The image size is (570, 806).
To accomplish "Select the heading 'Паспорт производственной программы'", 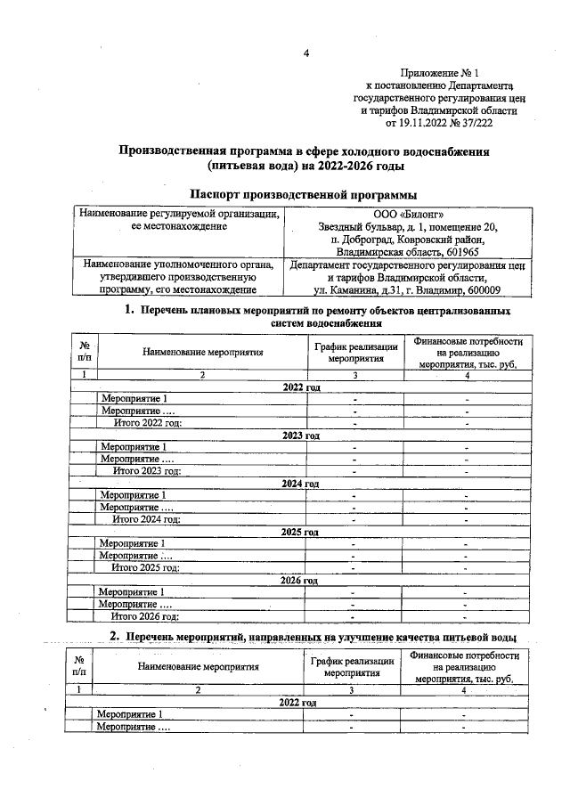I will tap(305, 195).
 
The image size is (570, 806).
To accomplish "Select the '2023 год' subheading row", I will tap(300, 436).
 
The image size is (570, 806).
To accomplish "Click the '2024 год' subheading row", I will tap(300, 484).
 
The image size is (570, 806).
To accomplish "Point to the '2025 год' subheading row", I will tap(300, 532).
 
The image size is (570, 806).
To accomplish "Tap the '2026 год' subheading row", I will tap(299, 580).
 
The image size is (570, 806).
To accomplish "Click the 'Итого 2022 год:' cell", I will tap(148, 423).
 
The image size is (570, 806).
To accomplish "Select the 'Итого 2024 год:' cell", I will tap(146, 519).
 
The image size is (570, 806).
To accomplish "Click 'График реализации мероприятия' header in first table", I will tap(355, 352).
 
